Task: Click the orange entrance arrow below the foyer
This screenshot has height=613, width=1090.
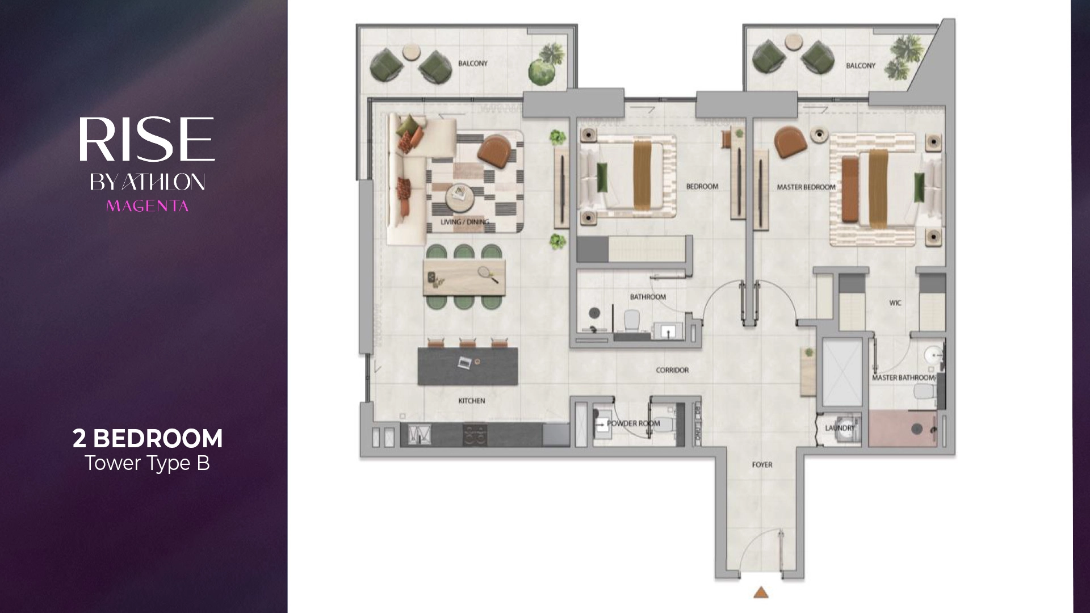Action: pos(760,593)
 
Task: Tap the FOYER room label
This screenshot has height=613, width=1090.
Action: pos(762,465)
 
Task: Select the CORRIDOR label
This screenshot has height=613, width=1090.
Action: pos(672,370)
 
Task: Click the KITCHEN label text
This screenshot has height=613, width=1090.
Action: pos(472,401)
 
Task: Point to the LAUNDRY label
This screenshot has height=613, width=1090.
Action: pos(840,428)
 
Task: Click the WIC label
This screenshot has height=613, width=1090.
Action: pos(895,303)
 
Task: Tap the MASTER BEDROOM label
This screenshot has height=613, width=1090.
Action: pos(806,187)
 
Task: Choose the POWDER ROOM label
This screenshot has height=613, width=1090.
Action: pos(634,423)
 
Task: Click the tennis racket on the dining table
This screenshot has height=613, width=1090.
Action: pos(487,274)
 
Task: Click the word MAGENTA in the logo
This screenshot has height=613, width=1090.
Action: pos(147,206)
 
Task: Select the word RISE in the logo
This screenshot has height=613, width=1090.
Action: pos(146,139)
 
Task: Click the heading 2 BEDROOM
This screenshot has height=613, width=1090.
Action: pos(148,439)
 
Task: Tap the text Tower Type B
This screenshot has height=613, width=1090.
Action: pos(148,464)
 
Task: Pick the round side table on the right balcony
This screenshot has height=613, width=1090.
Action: pos(791,41)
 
